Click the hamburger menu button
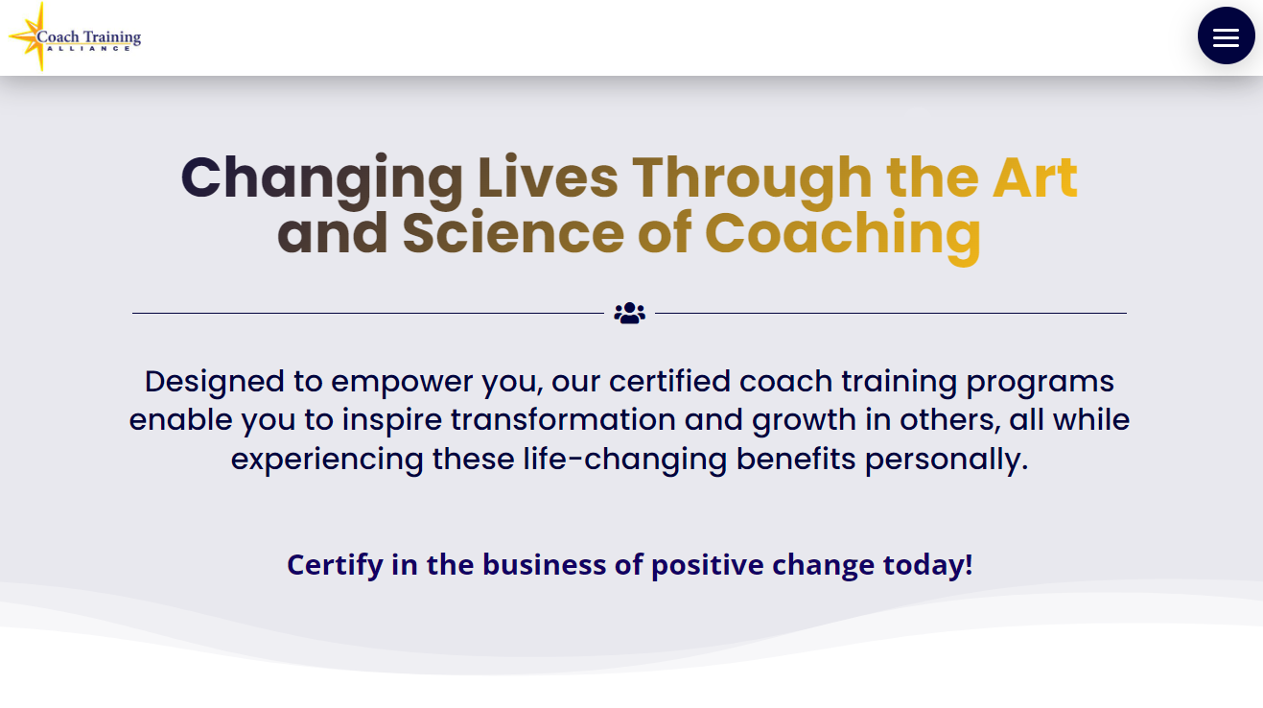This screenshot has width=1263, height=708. coord(1226,36)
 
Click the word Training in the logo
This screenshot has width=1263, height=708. coord(111,37)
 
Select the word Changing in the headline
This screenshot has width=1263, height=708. coord(322,178)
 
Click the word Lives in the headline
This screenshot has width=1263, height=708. coord(548,178)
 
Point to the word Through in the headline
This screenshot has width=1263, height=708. coord(751,178)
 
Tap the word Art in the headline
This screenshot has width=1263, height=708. coord(1035,178)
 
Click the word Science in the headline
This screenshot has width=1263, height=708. coord(513,233)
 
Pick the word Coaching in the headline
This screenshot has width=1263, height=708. coord(842,233)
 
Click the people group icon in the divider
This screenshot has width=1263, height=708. coord(630,313)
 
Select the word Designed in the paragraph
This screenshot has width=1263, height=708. coord(215,382)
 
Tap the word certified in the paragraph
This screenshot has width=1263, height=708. coord(670,382)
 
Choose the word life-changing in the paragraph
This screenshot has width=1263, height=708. coord(625,459)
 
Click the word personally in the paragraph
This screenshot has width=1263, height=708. coord(946,459)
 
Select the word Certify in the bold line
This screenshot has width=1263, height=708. coord(335,564)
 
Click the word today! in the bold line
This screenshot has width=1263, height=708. coord(927,564)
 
